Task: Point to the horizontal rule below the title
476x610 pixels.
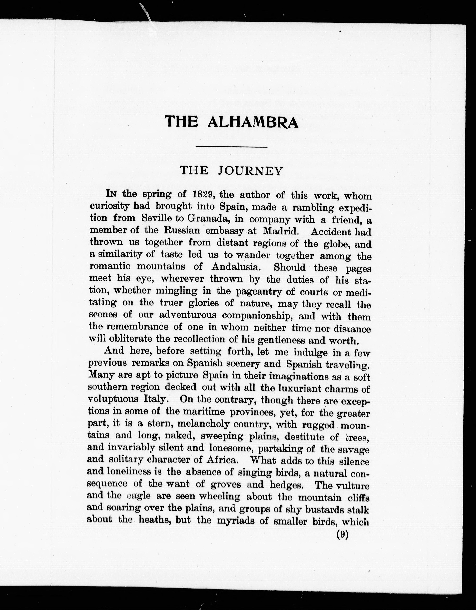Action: coord(232,147)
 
